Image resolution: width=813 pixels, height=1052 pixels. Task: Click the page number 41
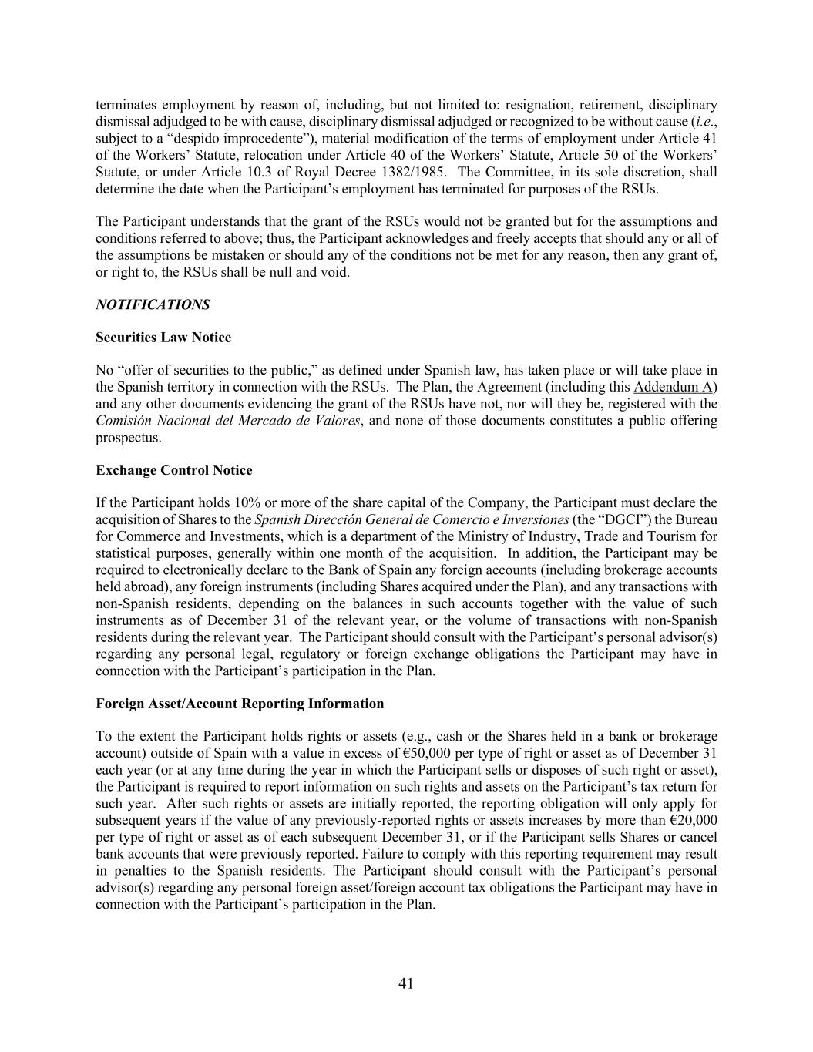[x=406, y=983]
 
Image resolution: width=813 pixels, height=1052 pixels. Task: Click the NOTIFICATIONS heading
[x=153, y=304]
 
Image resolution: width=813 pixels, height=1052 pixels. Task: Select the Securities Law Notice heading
[x=163, y=338]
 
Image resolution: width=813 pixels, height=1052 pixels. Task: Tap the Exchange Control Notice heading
[x=173, y=470]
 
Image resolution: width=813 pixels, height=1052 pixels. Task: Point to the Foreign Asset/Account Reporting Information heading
[x=240, y=704]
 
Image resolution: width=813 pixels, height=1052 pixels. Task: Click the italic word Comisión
[x=123, y=421]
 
